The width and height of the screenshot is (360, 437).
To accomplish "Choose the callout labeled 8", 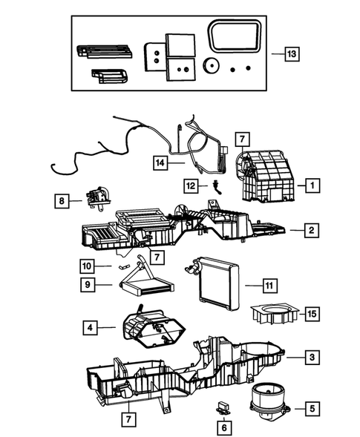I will click(x=64, y=200).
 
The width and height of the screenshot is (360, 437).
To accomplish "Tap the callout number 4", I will click(x=90, y=326).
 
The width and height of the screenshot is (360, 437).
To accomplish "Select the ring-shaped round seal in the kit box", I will click(x=210, y=66).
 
